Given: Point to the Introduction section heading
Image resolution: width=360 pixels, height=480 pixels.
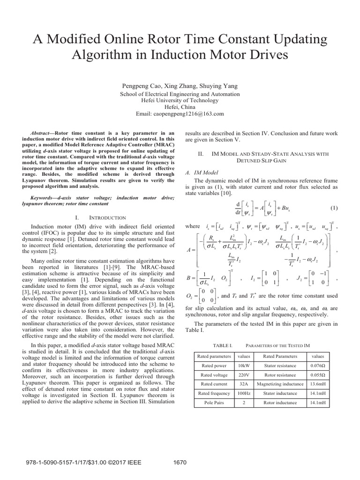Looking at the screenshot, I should point(107,217).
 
